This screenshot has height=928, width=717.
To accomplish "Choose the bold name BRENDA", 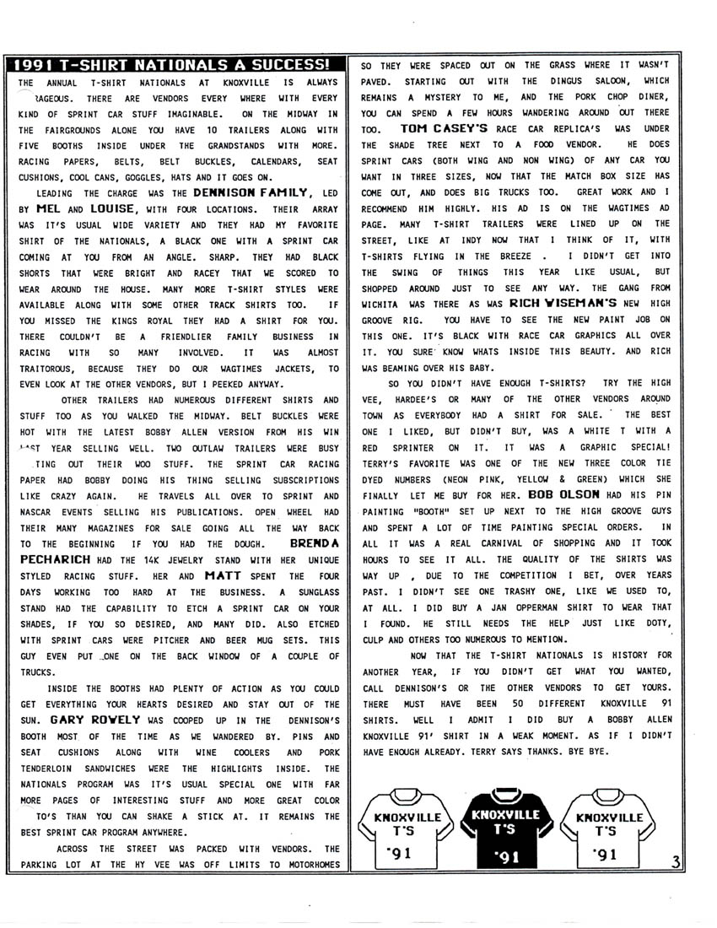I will point(314,543).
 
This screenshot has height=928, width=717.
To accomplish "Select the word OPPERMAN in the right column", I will point(500,607).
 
